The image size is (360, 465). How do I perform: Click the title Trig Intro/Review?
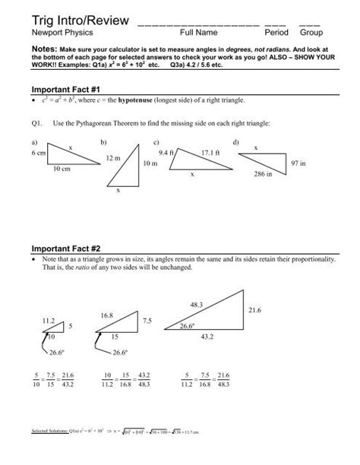[74, 19]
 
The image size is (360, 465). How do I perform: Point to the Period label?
[276, 33]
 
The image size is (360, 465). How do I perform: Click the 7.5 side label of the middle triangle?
[147, 321]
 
